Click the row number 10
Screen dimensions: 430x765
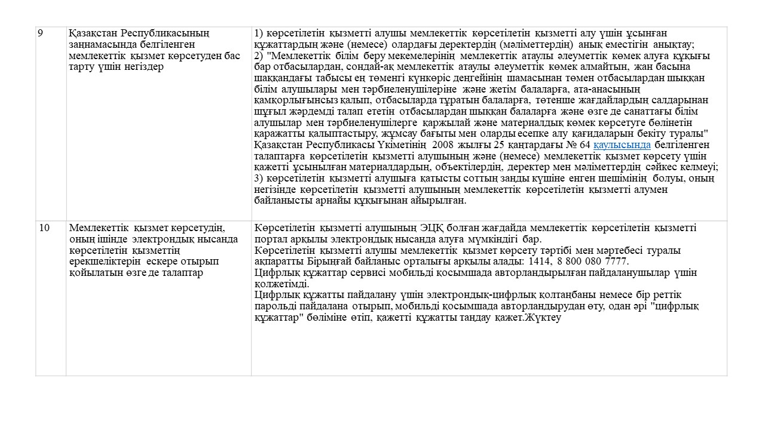coord(44,228)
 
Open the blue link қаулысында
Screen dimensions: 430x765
coord(622,145)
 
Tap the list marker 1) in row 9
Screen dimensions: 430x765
coord(259,33)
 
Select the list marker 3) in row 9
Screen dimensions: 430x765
coord(259,179)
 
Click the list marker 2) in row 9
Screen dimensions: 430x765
coord(259,56)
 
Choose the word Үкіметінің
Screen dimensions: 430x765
coord(402,145)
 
